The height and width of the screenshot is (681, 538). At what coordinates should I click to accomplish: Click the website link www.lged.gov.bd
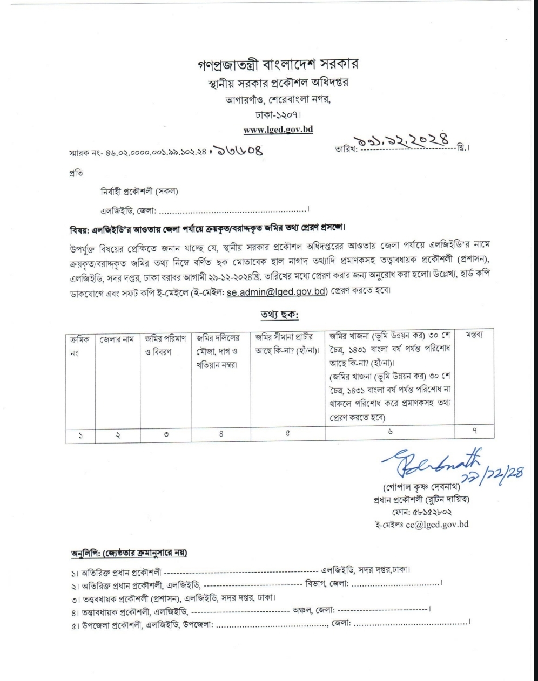point(278,130)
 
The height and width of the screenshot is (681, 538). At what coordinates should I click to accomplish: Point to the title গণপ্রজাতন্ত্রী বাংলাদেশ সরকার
point(278,64)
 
